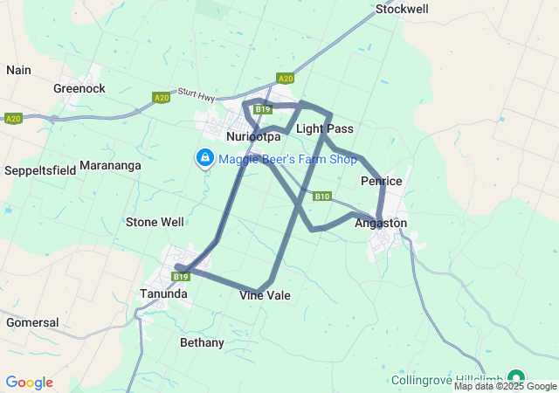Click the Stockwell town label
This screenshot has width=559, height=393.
coord(402,10)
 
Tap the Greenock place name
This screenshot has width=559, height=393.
coord(79,88)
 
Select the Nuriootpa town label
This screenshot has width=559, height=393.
coord(252,138)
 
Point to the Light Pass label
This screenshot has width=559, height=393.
coord(324,129)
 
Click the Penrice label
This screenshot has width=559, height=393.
coord(381,182)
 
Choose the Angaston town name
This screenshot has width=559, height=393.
coord(381,224)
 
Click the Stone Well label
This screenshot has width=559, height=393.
coord(155,222)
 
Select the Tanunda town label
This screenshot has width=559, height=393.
coord(163,294)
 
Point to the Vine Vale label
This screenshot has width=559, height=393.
coord(265,296)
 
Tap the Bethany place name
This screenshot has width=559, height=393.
coord(202,342)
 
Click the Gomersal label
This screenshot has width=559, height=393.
coord(32,322)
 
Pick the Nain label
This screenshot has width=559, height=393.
coord(18,70)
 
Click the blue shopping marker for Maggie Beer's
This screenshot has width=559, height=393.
coord(204,157)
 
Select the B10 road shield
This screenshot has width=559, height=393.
coord(322,196)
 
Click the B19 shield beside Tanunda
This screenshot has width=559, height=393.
coord(181,277)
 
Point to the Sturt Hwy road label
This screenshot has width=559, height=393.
coord(196,92)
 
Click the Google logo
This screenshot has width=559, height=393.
coord(29,383)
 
